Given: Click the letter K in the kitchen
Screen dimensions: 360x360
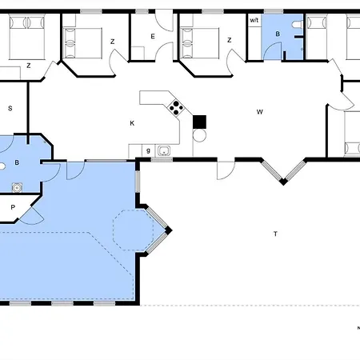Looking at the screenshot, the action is [132, 123].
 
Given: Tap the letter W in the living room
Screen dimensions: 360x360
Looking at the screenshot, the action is [260, 112].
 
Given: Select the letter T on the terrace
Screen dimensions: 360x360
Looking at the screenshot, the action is [275, 234].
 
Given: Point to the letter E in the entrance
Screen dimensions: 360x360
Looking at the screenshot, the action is [153, 36].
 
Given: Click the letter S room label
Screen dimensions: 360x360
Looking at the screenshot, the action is [10, 108].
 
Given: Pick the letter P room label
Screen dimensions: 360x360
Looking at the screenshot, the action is [13, 207].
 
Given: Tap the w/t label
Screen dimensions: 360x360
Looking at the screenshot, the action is [254, 20].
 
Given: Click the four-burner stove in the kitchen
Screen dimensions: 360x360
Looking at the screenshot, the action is [176, 108].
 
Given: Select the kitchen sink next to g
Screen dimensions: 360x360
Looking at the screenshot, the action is [164, 150].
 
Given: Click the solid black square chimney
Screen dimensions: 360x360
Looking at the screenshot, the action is [199, 122].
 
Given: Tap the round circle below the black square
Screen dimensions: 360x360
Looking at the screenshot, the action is [199, 135].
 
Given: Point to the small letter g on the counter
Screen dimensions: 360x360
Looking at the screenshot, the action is [148, 150].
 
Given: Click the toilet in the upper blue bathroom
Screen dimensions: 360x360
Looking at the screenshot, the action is [297, 25].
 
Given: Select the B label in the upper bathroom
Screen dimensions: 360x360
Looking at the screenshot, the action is [278, 34].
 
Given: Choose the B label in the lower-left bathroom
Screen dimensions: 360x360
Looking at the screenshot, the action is [17, 162].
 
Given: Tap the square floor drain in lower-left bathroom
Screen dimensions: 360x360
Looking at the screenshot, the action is [17, 188].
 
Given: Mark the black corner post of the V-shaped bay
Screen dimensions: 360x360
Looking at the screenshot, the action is [283, 182].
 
